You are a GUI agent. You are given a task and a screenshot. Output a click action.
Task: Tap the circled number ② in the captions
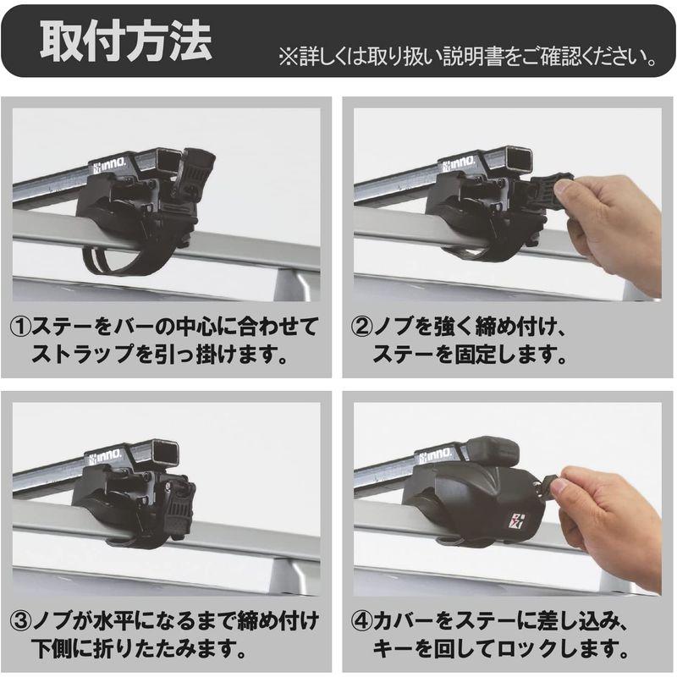361,325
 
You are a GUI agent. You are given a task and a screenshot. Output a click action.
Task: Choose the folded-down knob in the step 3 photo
179,508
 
